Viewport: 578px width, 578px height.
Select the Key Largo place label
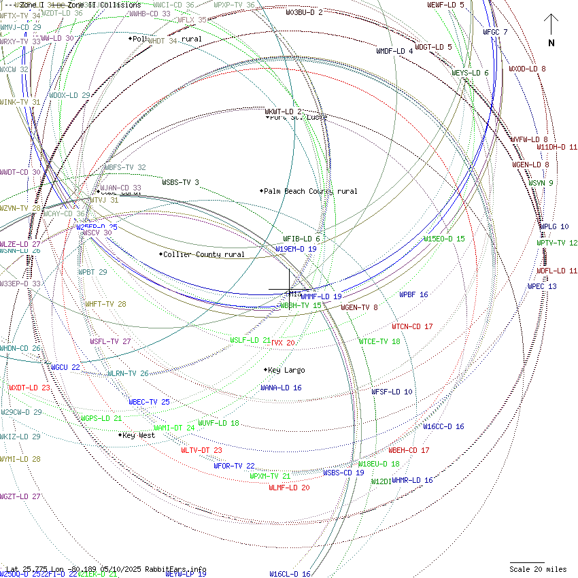click(286, 370)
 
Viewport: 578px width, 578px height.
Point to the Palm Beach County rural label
click(310, 191)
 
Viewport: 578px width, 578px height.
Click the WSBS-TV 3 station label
click(180, 182)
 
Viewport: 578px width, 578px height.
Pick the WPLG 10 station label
click(554, 226)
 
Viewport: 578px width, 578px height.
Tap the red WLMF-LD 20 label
click(289, 488)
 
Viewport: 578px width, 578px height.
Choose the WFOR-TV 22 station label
click(234, 466)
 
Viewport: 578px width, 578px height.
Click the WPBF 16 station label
click(413, 294)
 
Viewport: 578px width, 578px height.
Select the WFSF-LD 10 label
click(392, 392)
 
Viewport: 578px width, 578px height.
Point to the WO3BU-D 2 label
click(304, 12)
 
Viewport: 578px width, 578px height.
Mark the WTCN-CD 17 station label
click(412, 326)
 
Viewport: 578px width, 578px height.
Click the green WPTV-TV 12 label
click(557, 243)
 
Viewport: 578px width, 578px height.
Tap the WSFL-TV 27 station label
click(110, 341)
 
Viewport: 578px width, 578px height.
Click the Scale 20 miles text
click(538, 569)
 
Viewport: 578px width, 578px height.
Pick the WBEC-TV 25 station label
click(149, 402)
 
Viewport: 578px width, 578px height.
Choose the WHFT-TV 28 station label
click(105, 304)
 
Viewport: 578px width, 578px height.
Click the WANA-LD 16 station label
click(281, 388)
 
